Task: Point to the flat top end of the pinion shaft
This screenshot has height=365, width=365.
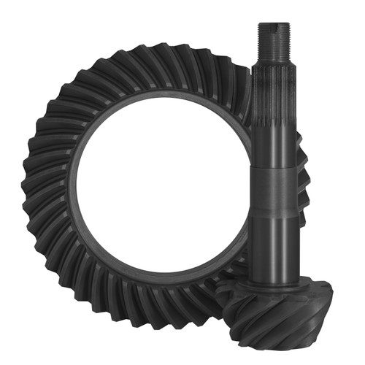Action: point(274,23)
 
